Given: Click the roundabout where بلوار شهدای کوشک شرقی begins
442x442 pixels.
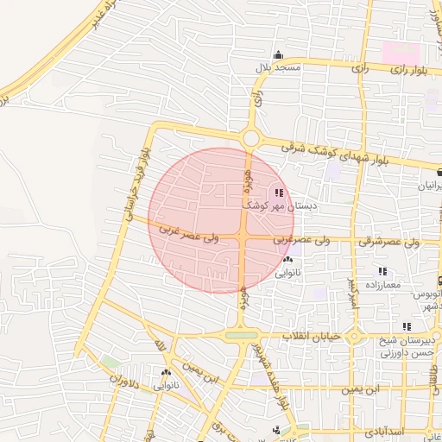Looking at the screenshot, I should [251, 137].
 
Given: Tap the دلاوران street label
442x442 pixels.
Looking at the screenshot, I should [122, 378].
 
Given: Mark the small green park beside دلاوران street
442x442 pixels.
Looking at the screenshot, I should [110, 361].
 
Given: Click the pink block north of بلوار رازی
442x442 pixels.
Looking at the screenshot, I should [399, 51].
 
